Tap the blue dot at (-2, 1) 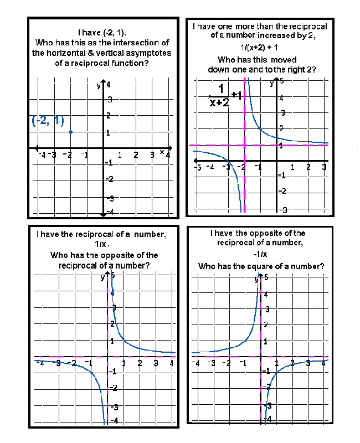[70, 132]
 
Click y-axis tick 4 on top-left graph [109, 85]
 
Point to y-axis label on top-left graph [98, 85]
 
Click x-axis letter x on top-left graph [162, 151]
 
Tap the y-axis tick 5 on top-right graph [281, 81]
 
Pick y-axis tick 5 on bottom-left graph [112, 275]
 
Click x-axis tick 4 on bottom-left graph [172, 363]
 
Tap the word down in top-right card [218, 70]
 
